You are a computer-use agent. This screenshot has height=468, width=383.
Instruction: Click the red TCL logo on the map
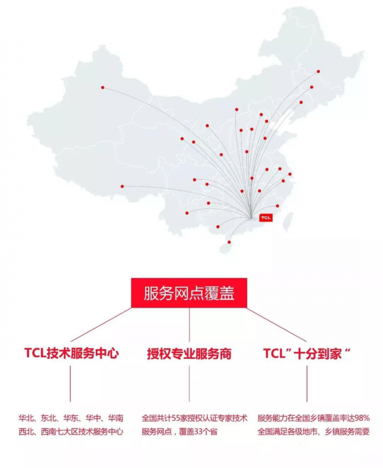click(266, 217)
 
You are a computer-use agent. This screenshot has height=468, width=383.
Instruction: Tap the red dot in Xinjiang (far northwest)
click(102, 88)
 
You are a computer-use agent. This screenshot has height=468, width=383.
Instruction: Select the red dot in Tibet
click(122, 186)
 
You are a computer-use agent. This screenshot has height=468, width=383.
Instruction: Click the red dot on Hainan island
click(229, 242)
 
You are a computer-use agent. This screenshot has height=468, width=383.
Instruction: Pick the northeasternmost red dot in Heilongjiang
click(318, 71)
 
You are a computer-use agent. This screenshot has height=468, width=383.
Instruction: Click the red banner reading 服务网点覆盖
click(189, 293)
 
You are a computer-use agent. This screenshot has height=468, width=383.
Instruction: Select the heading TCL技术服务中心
click(71, 353)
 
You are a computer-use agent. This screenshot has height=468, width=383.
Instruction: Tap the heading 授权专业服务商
click(189, 354)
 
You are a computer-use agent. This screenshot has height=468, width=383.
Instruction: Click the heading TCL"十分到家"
click(306, 354)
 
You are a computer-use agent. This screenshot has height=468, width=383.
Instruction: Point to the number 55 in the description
click(176, 418)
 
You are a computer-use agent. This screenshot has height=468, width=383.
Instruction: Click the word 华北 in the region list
click(26, 418)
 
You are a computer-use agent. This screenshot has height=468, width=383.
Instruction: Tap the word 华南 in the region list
click(115, 418)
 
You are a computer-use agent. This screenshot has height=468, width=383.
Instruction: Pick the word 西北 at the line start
click(26, 432)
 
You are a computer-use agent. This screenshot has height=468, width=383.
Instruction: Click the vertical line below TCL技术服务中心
click(70, 384)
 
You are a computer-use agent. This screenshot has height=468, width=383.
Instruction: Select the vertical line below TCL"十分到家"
click(306, 384)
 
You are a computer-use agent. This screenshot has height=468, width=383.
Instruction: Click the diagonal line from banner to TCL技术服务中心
click(101, 325)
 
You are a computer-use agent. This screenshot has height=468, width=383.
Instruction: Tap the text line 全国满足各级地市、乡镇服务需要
click(314, 432)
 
